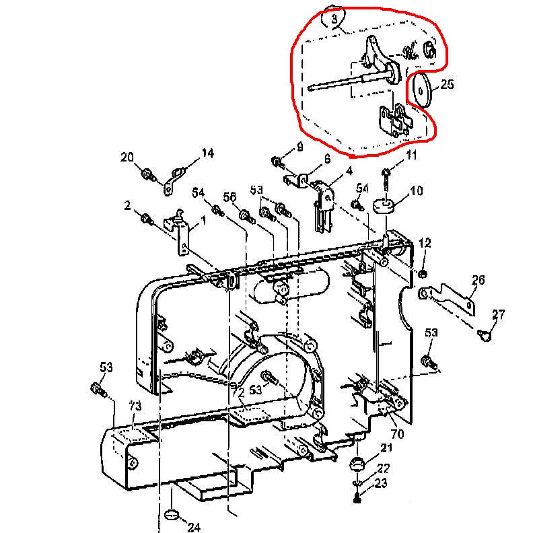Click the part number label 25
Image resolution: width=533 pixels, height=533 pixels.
point(447,85)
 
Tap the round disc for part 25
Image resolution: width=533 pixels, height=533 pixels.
point(423,89)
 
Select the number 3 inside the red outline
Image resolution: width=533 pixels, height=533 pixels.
point(334,20)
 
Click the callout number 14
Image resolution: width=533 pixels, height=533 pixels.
point(208,153)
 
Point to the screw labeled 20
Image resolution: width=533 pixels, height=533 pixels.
point(146,174)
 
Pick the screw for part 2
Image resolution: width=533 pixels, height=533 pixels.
point(146,218)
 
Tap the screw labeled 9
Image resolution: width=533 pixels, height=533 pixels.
point(277,161)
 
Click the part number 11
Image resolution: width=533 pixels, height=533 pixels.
point(411,156)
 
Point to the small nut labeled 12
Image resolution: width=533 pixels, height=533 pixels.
point(422,273)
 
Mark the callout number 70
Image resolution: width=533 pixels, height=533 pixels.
point(397,434)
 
